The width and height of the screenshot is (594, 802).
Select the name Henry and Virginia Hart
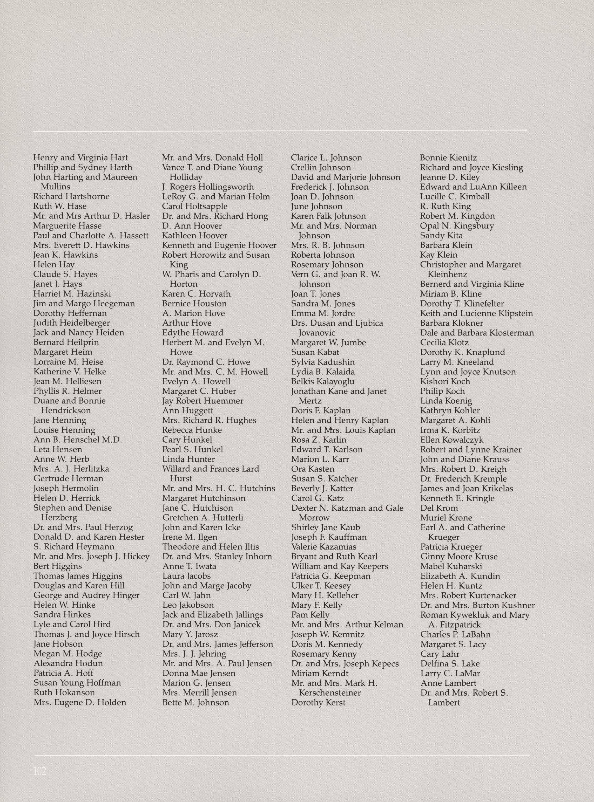coord(80,158)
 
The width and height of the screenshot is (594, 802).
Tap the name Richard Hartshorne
coord(71,197)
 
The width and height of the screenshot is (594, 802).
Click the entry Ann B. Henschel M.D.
coord(78,440)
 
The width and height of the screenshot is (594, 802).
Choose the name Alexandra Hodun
coord(68,663)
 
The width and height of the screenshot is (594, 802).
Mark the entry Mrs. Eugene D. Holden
coord(80,702)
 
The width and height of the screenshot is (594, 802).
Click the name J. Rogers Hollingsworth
coord(208,187)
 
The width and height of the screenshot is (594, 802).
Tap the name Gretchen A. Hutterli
coord(203,517)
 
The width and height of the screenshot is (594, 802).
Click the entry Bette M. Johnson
coord(195,702)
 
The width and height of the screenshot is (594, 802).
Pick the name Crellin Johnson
coord(321,167)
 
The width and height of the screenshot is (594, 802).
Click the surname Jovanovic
coord(317,333)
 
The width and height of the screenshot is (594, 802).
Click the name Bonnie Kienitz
coord(448,158)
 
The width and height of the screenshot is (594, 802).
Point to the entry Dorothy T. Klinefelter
coord(462,304)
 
